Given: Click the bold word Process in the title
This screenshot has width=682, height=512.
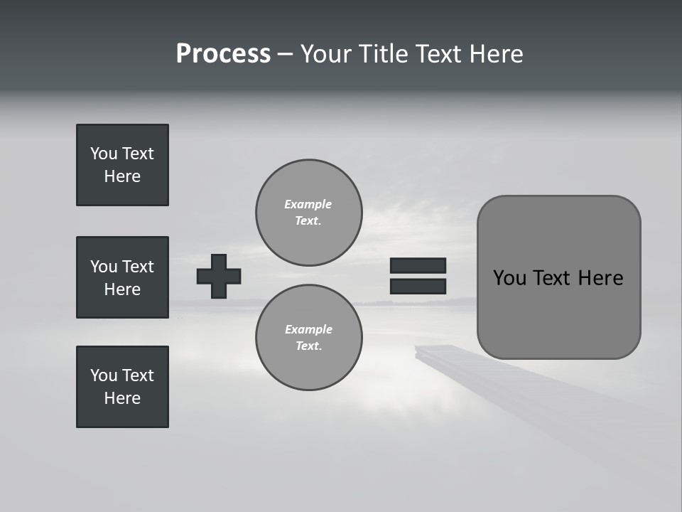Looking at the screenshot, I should [x=223, y=54].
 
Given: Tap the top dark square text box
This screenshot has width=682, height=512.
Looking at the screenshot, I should [x=122, y=165].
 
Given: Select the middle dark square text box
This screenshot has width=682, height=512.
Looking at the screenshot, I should [x=122, y=277].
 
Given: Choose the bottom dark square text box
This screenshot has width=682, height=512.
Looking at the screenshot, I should [x=122, y=387].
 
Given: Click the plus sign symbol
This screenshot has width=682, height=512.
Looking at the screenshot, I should [x=219, y=276].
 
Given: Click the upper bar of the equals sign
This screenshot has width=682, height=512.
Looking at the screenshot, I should [x=418, y=265].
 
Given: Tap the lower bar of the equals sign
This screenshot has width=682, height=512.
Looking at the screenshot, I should [x=418, y=286].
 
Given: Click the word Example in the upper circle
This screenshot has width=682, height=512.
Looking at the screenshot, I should [x=308, y=204].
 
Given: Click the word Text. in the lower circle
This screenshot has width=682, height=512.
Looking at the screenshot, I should [x=308, y=346].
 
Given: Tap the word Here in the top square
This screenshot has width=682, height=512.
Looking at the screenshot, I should [x=122, y=176].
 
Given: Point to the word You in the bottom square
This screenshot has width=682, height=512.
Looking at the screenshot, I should [x=103, y=375].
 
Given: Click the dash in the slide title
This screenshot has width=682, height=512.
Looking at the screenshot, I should [x=285, y=55].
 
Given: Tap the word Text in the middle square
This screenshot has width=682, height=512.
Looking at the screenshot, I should [x=138, y=267].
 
